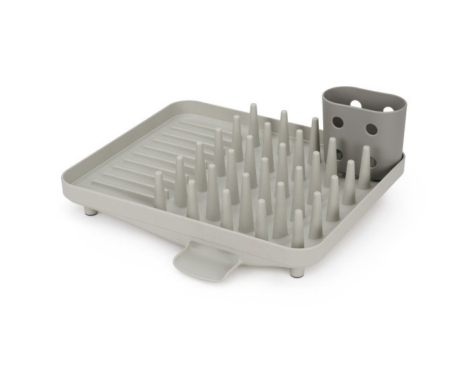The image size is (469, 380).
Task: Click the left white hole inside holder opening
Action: click(355, 101)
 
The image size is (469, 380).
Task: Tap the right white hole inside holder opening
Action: click(389, 109)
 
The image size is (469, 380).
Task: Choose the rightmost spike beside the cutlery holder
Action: click(365, 167)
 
